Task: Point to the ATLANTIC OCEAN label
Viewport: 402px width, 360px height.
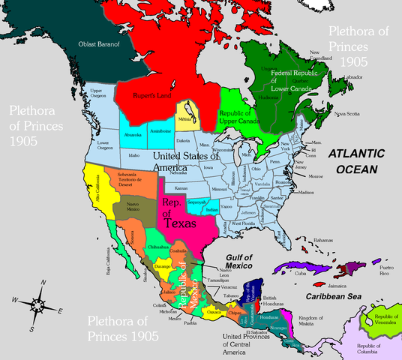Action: (x=360, y=160)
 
